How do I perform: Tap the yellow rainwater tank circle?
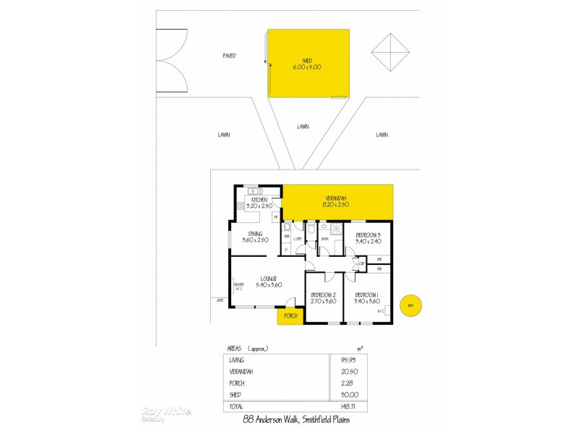(x=410, y=306)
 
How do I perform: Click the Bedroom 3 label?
(x=368, y=235)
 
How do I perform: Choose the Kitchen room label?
(x=259, y=199)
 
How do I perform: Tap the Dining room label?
(x=255, y=233)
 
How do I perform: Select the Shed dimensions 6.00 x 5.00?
(x=306, y=67)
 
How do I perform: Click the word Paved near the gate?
(x=229, y=56)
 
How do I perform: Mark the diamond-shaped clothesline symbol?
(x=390, y=51)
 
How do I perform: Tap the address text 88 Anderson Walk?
(x=270, y=419)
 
